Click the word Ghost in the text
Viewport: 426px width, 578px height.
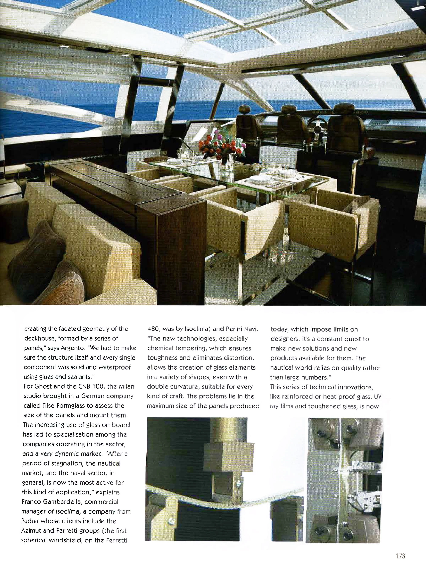[44, 386]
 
